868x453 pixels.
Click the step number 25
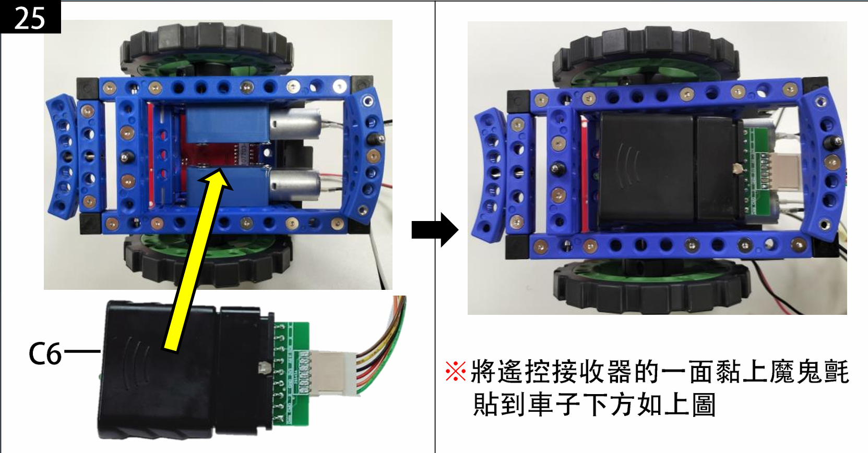(29, 18)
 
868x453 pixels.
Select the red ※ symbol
(456, 371)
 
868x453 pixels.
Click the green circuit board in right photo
(756, 170)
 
